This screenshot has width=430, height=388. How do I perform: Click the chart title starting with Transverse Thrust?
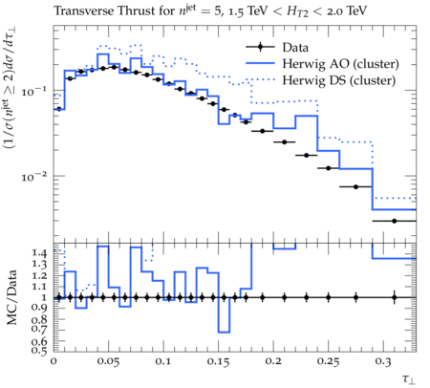point(210,11)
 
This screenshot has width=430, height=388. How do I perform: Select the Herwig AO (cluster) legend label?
point(340,64)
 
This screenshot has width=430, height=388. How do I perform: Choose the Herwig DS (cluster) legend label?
point(339,80)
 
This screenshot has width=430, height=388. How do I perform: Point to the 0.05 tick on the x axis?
point(108,362)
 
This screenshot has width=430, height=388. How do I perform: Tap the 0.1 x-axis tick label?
point(163,362)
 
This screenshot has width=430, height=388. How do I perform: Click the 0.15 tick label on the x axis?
point(218,362)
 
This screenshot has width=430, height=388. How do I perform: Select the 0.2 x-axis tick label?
point(273,362)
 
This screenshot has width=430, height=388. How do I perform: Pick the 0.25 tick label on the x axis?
point(329,362)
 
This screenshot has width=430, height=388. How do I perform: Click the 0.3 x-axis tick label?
point(383,362)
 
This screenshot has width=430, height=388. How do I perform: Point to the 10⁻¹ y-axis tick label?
point(33,91)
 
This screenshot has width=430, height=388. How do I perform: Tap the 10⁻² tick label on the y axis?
point(33,176)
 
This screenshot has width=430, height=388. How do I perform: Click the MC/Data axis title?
point(11,297)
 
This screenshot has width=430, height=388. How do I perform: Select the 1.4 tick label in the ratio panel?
point(39,253)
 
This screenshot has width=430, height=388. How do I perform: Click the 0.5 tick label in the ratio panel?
point(39,351)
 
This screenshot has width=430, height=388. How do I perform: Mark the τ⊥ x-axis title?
point(409,379)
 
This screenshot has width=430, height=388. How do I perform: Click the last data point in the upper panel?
point(395,221)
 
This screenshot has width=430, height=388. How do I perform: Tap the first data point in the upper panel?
point(59,109)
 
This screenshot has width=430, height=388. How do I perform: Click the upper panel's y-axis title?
point(11,88)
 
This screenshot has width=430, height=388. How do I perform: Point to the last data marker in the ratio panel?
point(395,298)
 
